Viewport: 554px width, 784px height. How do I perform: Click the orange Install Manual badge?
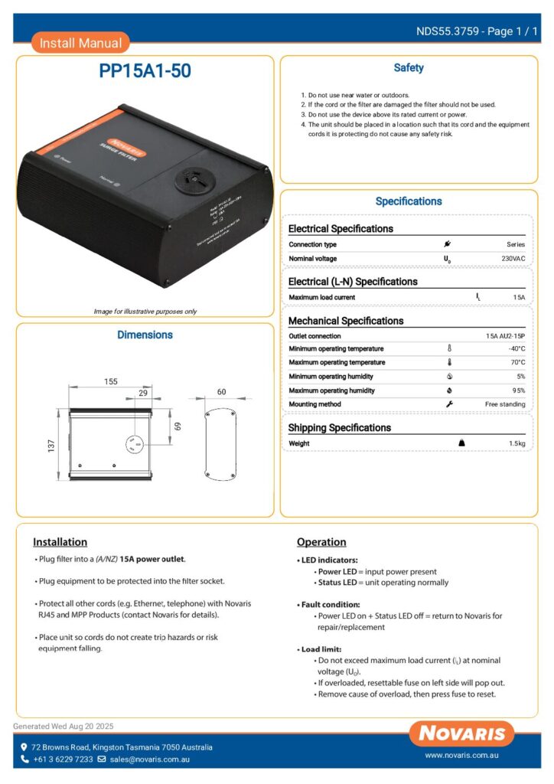pyautogui.click(x=80, y=43)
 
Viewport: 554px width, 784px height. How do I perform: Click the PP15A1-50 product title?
pyautogui.click(x=145, y=71)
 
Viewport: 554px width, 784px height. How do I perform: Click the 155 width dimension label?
pyautogui.click(x=111, y=381)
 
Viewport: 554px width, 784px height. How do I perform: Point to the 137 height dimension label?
pyautogui.click(x=52, y=445)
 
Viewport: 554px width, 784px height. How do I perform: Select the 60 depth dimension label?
pyautogui.click(x=221, y=392)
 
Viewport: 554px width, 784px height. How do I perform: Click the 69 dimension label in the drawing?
pyautogui.click(x=175, y=425)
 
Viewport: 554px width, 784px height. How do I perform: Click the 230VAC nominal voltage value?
pyautogui.click(x=512, y=259)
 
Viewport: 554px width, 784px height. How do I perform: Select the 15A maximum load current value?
pyautogui.click(x=519, y=297)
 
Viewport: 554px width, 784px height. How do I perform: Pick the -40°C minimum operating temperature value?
pyautogui.click(x=517, y=349)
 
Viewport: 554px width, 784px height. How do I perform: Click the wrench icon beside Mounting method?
pyautogui.click(x=449, y=404)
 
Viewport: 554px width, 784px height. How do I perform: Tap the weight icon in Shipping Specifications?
pyautogui.click(x=461, y=443)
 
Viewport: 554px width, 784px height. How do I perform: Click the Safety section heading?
pyautogui.click(x=409, y=68)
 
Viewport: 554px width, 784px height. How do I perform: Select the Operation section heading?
pyautogui.click(x=321, y=542)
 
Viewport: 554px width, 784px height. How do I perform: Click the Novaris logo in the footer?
pyautogui.click(x=461, y=733)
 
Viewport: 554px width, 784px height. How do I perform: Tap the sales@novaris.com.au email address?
pyautogui.click(x=149, y=759)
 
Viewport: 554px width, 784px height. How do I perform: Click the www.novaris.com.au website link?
pyautogui.click(x=462, y=755)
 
